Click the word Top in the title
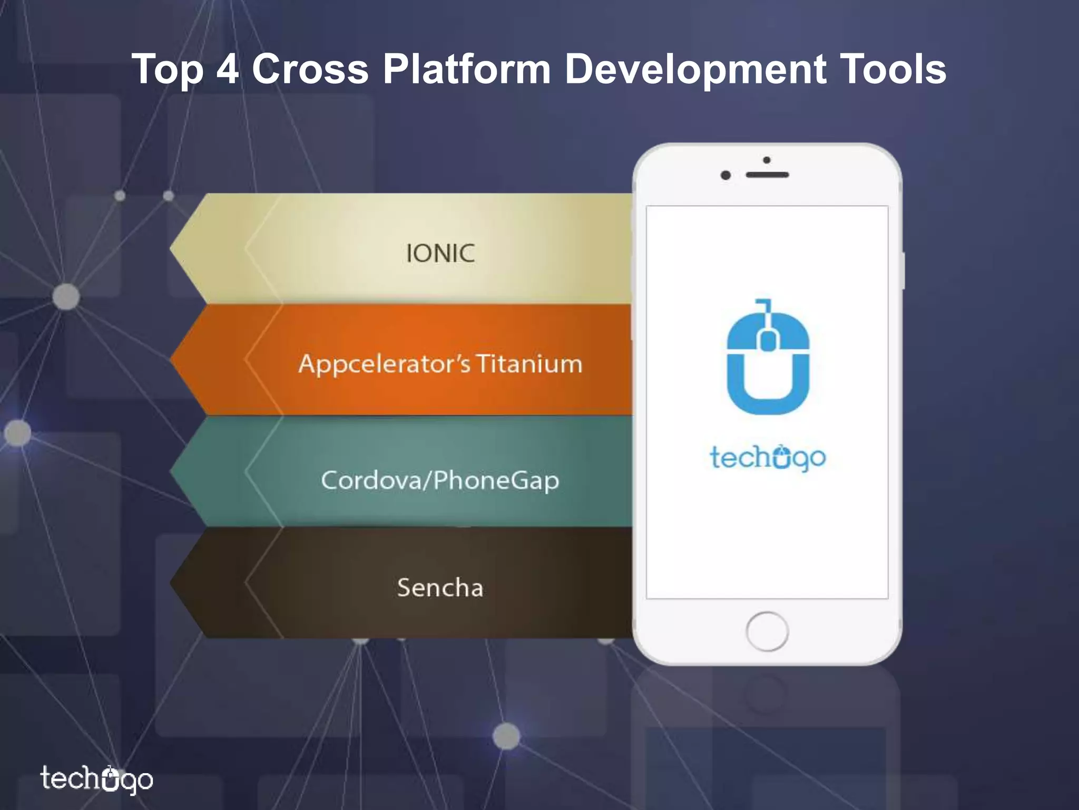pyautogui.click(x=168, y=70)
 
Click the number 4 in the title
pyautogui.click(x=228, y=69)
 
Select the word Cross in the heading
pyautogui.click(x=310, y=69)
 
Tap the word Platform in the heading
pyautogui.click(x=466, y=70)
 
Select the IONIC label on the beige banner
pyautogui.click(x=440, y=254)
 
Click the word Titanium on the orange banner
pyautogui.click(x=529, y=364)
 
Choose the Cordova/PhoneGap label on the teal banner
pyautogui.click(x=440, y=480)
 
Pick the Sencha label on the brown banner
pyautogui.click(x=440, y=587)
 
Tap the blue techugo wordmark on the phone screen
pyautogui.click(x=768, y=458)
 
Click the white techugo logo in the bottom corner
pyautogui.click(x=97, y=779)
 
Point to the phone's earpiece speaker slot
pyautogui.click(x=768, y=175)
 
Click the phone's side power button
pyautogui.click(x=903, y=271)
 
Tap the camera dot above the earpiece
pyautogui.click(x=767, y=160)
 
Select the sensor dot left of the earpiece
pyautogui.click(x=725, y=175)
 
